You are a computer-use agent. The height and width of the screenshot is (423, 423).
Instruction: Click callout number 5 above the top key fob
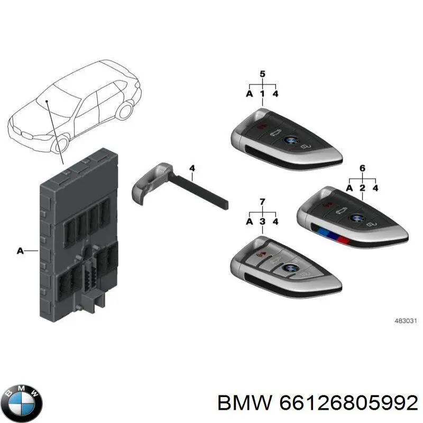click(262, 74)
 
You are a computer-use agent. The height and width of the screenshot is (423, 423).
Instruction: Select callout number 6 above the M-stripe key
click(362, 168)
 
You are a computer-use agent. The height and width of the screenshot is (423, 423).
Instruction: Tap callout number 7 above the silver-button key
click(262, 202)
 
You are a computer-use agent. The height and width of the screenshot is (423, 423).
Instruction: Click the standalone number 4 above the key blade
click(192, 168)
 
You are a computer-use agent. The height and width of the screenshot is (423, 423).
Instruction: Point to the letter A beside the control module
click(20, 251)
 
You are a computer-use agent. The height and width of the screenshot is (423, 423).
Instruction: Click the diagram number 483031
click(406, 321)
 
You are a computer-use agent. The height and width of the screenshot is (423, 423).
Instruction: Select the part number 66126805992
click(348, 403)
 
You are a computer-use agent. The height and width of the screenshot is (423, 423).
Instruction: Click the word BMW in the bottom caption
click(245, 403)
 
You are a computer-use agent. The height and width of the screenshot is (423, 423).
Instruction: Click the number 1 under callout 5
click(262, 94)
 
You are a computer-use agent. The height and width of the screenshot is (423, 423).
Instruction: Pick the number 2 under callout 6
click(362, 188)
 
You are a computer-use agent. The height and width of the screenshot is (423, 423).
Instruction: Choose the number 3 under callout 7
click(262, 222)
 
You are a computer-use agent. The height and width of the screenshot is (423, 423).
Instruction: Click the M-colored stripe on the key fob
click(333, 235)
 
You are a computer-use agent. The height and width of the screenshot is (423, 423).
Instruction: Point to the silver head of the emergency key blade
click(150, 182)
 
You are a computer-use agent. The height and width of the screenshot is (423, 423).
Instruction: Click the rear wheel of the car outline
click(125, 111)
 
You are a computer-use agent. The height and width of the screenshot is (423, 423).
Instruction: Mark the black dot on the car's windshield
click(47, 101)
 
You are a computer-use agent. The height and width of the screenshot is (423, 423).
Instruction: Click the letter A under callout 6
click(350, 188)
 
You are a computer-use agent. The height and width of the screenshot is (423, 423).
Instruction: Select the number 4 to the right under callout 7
click(275, 222)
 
